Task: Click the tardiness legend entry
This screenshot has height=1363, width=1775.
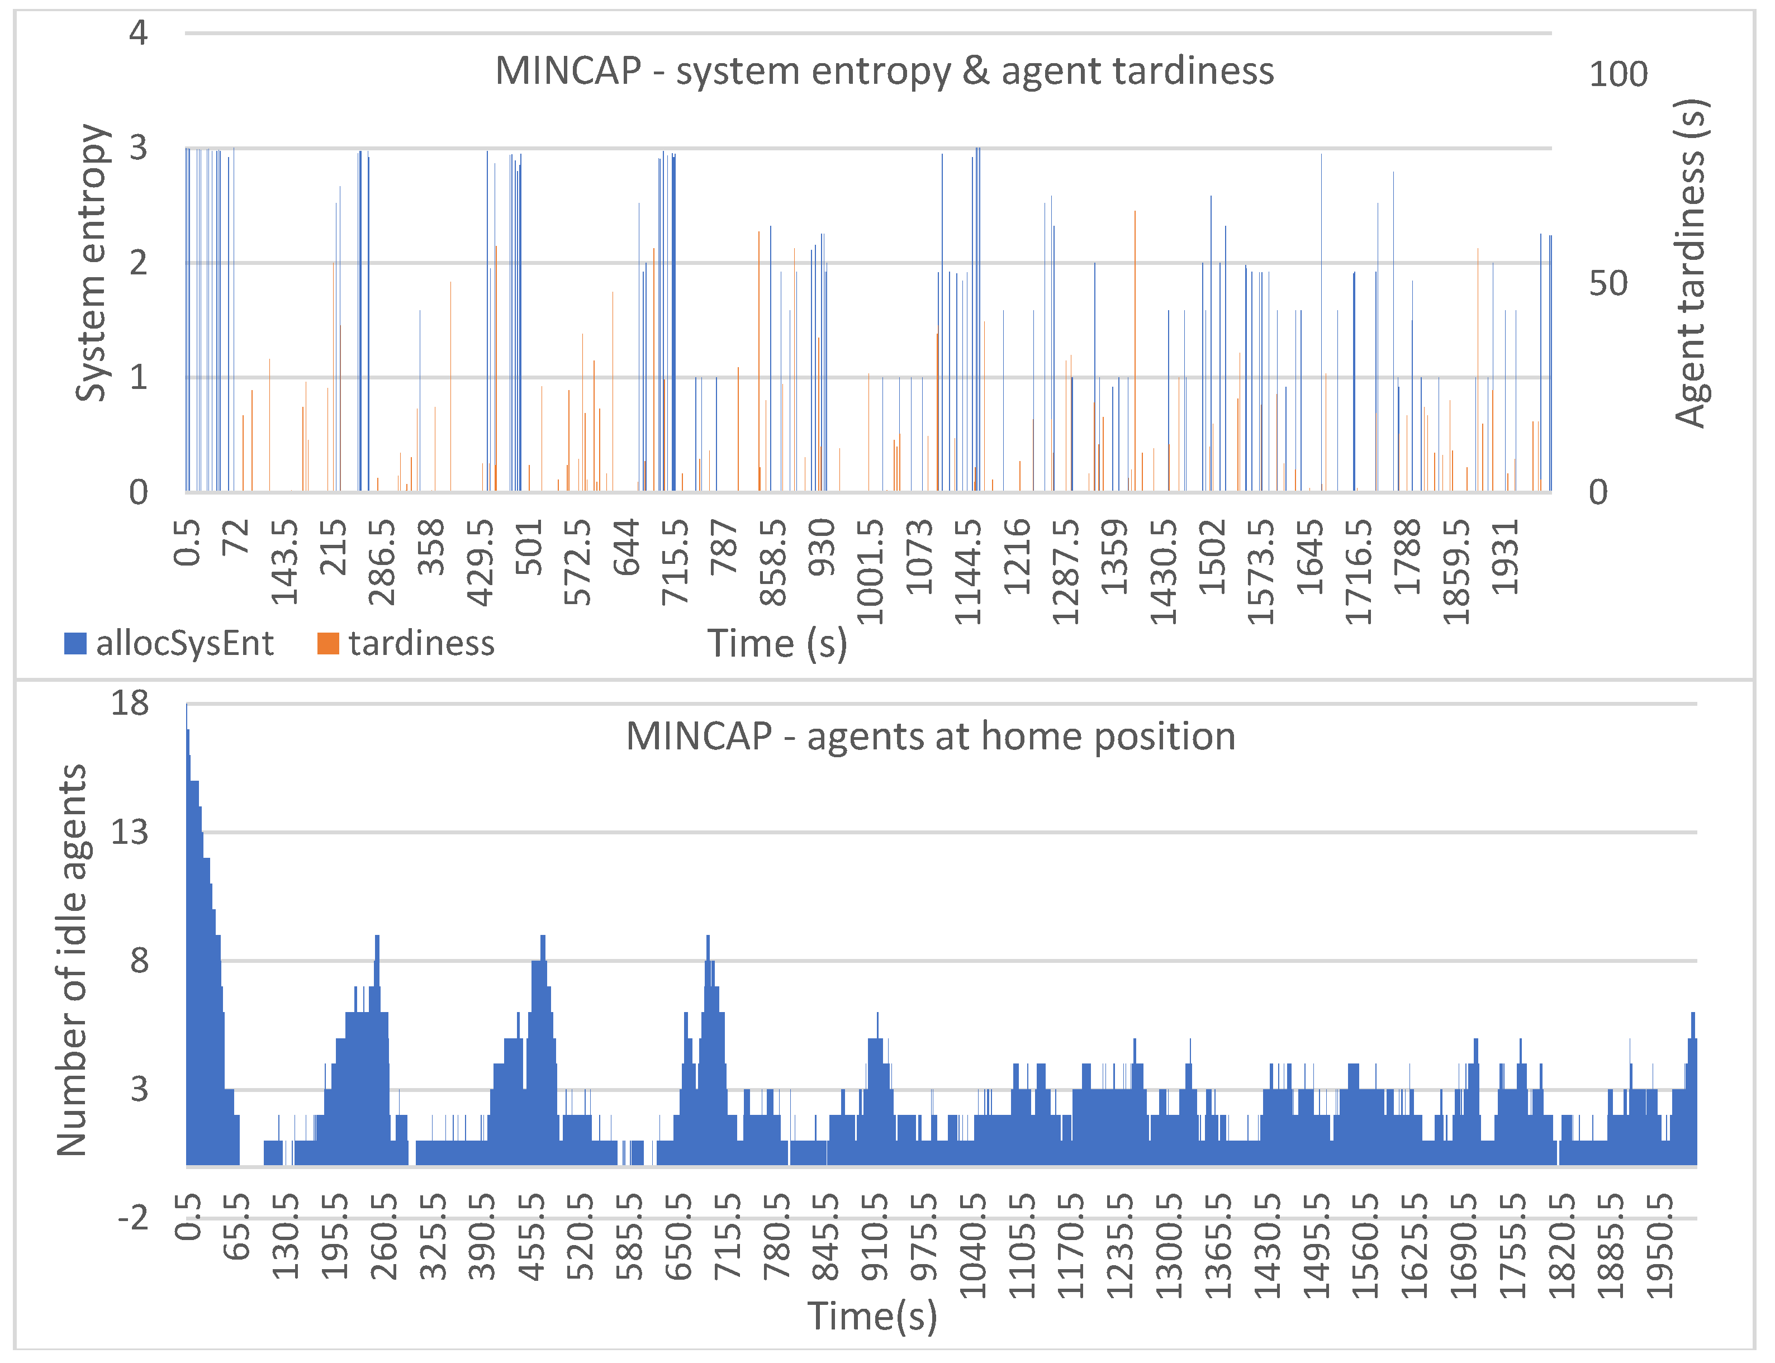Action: pos(406,643)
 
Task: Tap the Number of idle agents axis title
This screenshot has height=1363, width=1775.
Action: pos(72,959)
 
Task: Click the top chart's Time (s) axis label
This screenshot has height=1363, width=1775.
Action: pos(777,643)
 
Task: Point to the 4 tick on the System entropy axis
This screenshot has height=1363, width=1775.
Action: pos(138,34)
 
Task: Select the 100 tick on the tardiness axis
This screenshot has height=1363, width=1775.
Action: pos(1617,75)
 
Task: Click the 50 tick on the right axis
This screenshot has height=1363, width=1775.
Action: pos(1608,283)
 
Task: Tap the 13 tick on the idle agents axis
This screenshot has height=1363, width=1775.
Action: pos(130,832)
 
